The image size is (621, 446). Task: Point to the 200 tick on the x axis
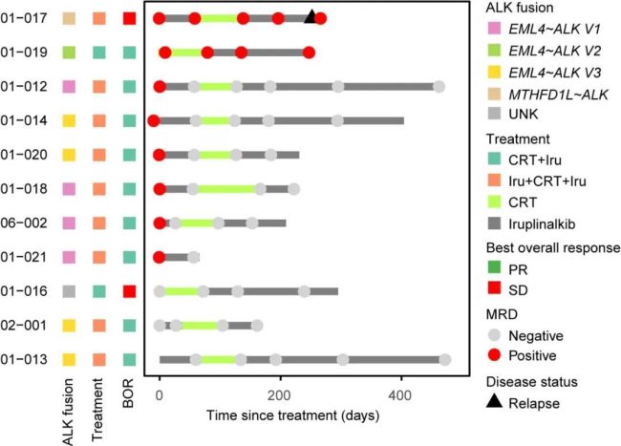tap(279, 395)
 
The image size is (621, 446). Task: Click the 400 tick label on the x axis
tap(400, 395)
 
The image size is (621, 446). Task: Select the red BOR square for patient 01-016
tap(129, 291)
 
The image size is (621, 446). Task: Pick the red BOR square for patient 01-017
tap(129, 18)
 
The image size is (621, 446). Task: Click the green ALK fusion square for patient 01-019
tap(69, 53)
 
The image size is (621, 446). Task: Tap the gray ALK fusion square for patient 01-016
tap(69, 291)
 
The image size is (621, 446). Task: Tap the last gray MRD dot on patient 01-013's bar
tap(445, 359)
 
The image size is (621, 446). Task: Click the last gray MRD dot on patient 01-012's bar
tap(439, 87)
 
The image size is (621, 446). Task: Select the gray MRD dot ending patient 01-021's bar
tap(193, 257)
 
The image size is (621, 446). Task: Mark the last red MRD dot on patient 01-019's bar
tap(309, 53)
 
